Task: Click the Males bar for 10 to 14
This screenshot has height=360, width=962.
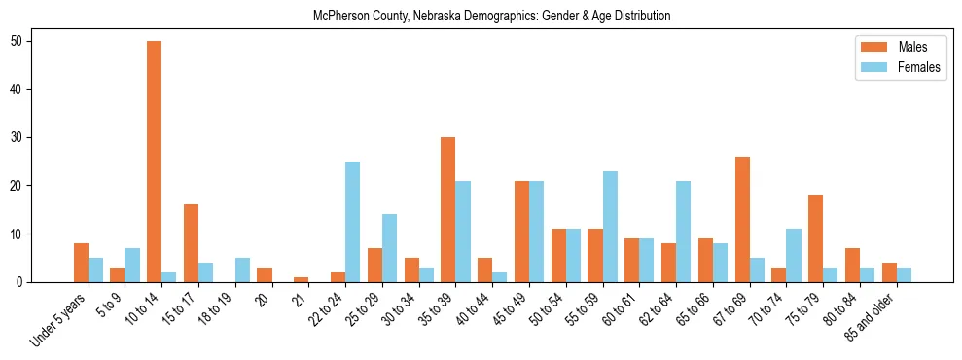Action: point(154,162)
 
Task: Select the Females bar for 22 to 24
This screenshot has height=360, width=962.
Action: point(352,222)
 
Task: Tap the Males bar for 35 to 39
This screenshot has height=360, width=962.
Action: point(447,210)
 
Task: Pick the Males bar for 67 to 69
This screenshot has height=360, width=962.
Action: point(742,220)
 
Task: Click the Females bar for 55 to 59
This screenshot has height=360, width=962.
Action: point(610,227)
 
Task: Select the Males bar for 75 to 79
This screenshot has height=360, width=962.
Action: point(815,238)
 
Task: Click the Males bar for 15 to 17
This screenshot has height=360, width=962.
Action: point(191,243)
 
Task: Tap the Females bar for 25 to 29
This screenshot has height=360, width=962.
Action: point(389,248)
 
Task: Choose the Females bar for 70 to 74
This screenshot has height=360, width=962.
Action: point(794,256)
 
